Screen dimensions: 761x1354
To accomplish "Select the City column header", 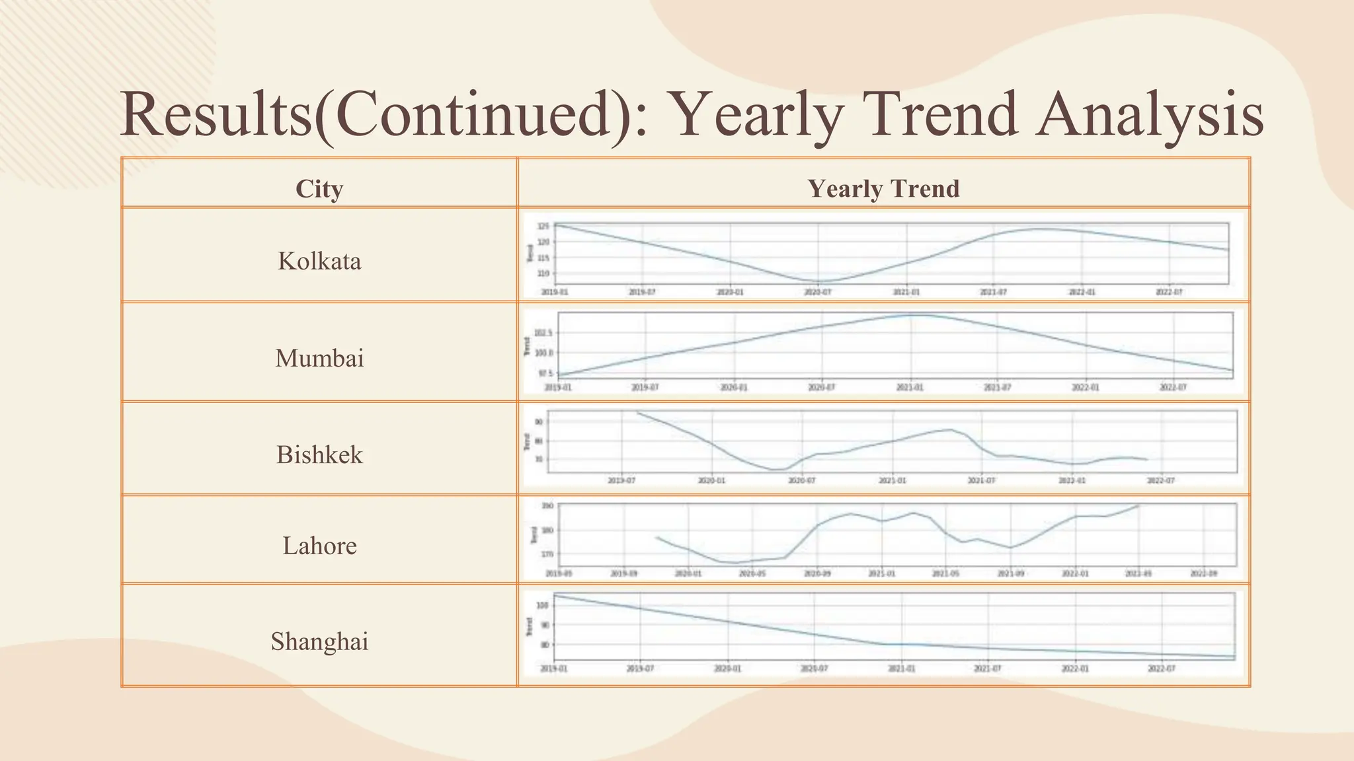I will click(x=319, y=189).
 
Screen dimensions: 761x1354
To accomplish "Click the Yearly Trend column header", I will click(x=883, y=189).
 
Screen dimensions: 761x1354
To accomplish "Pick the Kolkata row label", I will click(x=319, y=261).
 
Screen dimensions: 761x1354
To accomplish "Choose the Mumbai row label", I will click(x=319, y=358).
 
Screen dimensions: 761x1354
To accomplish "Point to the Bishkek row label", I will click(x=319, y=454).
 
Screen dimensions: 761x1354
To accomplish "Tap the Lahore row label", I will click(x=319, y=546).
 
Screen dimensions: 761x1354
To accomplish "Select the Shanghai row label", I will click(x=319, y=641).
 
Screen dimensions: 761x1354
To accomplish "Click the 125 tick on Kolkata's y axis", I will click(x=543, y=227).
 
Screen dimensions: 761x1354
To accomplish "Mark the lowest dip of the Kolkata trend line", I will click(x=818, y=281).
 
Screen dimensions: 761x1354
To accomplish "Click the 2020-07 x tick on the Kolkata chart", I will click(x=818, y=292).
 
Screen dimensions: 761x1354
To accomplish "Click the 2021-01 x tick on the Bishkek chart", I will click(x=892, y=481).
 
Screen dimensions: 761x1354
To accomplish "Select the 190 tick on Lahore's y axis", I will click(x=547, y=507).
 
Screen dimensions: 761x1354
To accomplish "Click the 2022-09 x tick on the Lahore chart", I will click(x=1203, y=574).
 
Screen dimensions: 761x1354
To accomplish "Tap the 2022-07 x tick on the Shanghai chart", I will click(x=1162, y=669).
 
